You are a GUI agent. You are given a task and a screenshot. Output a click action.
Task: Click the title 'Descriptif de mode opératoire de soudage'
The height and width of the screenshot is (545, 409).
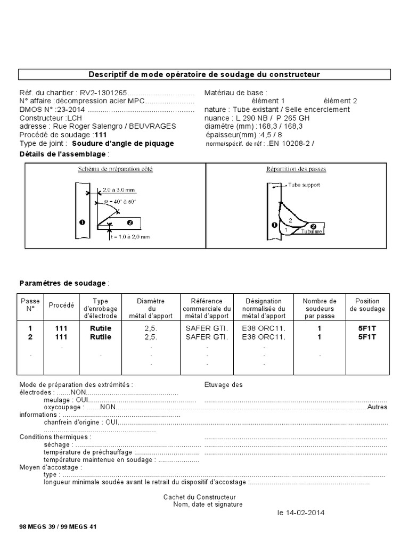[204, 74]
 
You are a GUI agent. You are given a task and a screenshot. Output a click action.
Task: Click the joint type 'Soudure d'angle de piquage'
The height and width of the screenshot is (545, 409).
[122, 144]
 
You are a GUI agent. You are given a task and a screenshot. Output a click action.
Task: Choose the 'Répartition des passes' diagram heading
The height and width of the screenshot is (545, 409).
[296, 169]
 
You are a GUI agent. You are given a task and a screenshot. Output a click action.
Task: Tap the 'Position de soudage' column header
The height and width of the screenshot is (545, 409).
[367, 305]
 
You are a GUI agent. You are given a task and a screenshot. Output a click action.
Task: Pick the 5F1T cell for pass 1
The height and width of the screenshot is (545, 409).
[367, 329]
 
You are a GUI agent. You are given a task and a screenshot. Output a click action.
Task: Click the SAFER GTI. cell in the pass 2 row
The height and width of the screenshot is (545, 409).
[207, 337]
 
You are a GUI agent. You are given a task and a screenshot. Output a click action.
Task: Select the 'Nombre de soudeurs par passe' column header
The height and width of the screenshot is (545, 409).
[319, 309]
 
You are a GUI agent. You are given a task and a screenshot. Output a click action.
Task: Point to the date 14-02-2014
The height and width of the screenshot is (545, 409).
[300, 513]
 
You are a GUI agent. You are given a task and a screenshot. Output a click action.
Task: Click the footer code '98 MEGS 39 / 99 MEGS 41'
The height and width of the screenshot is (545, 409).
[58, 526]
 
